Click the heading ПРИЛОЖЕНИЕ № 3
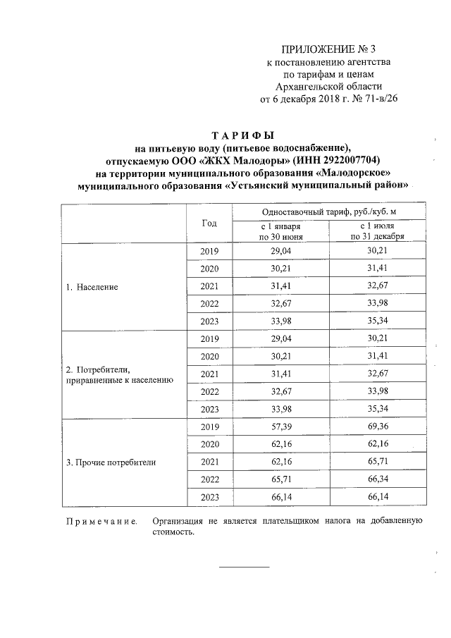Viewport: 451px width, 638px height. click(x=328, y=49)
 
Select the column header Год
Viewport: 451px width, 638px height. click(x=209, y=223)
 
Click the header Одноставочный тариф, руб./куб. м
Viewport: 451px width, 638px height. click(x=329, y=211)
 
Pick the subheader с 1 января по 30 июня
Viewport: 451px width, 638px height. click(x=280, y=232)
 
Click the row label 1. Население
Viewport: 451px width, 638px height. click(x=92, y=288)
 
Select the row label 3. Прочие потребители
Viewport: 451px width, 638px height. click(x=111, y=463)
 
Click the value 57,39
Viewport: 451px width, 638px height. click(x=280, y=427)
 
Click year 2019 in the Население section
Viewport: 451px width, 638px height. click(x=210, y=252)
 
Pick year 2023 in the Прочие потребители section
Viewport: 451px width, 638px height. click(x=210, y=498)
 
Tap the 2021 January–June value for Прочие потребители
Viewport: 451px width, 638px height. click(x=280, y=462)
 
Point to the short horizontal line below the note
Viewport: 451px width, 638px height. click(x=244, y=566)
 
